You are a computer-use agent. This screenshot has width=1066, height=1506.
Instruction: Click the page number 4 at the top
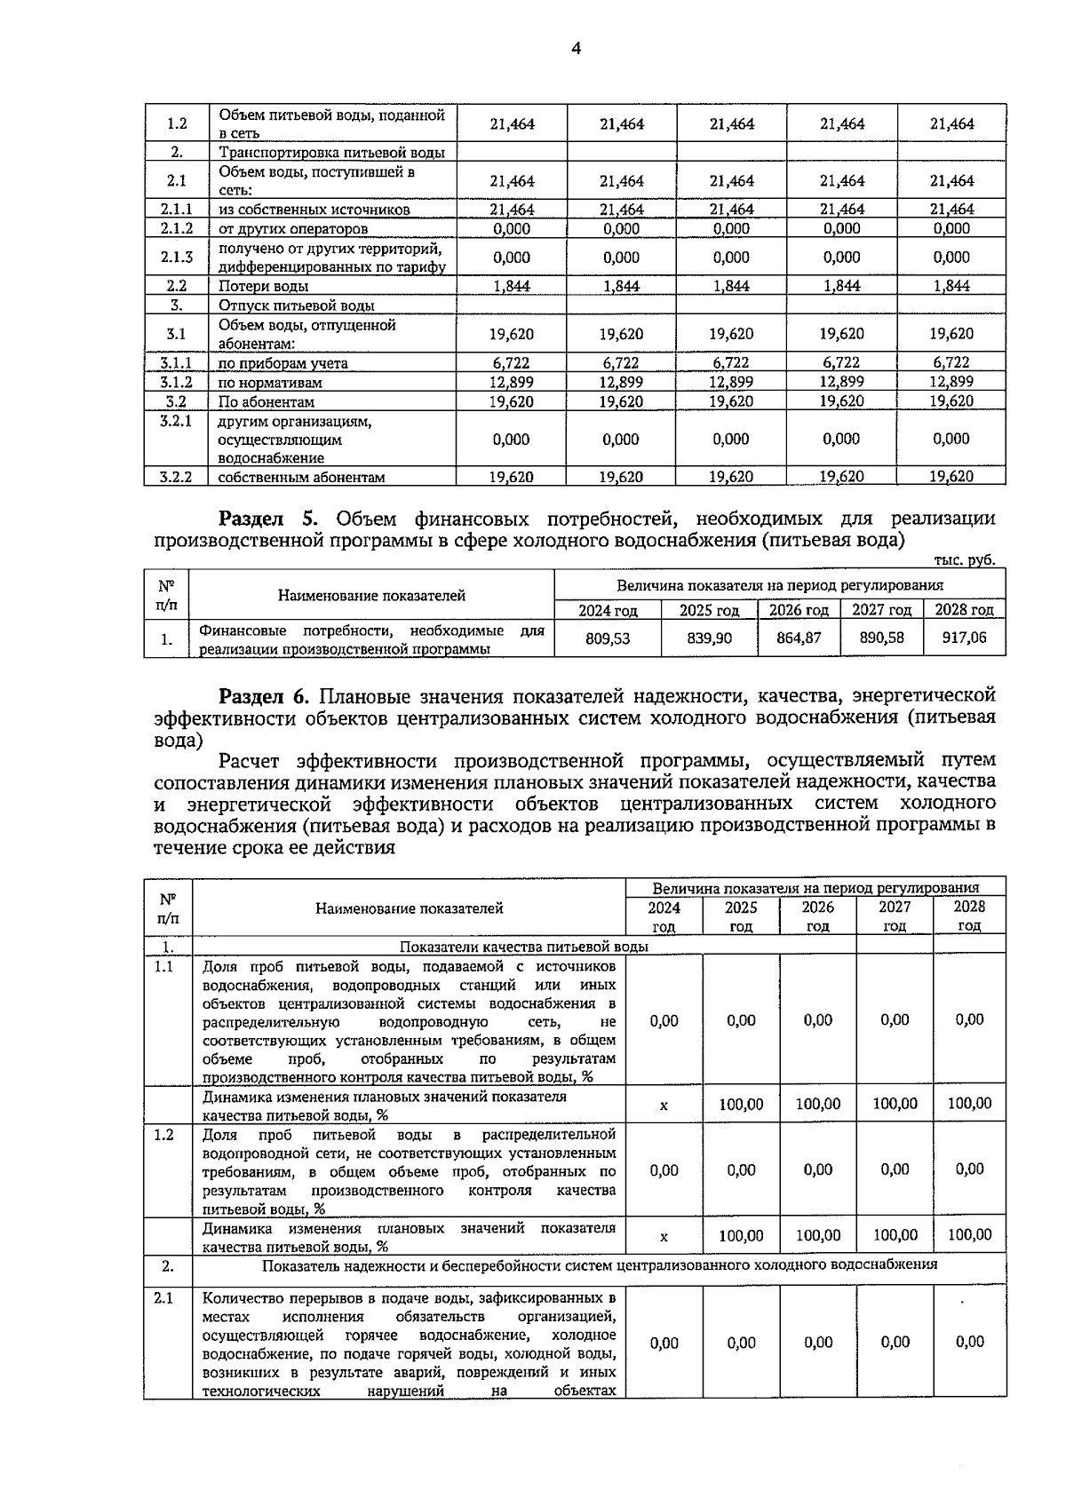576,50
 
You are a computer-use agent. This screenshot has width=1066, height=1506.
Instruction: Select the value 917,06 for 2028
964,638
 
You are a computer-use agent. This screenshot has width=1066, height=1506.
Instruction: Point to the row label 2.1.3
176,258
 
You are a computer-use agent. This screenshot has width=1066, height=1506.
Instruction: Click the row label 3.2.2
176,477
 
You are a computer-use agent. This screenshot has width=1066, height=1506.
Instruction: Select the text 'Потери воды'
264,286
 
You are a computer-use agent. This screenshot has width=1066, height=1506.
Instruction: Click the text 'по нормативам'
270,383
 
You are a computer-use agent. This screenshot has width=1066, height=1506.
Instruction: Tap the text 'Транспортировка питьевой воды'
331,153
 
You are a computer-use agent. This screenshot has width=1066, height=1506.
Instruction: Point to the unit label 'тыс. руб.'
965,560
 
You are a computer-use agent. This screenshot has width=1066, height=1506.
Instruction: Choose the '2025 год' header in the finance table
709,610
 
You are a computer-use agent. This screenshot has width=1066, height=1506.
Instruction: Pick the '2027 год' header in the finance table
881,610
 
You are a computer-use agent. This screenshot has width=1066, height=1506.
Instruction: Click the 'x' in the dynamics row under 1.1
664,1106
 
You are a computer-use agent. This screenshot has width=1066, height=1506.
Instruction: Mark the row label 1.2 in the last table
163,1135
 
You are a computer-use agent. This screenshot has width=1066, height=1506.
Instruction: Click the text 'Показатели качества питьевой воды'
524,947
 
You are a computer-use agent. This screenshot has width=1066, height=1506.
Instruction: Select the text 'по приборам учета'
282,363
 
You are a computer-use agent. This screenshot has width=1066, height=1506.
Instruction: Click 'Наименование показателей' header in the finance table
371,596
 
